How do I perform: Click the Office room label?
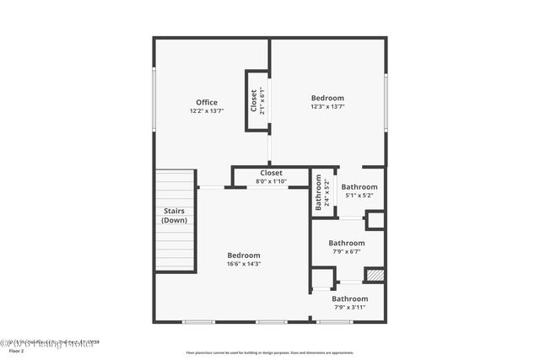(207, 103)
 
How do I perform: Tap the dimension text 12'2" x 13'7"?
(207, 111)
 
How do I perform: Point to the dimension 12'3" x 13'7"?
(327, 107)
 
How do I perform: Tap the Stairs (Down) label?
(175, 216)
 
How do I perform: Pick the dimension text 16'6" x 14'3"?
(244, 264)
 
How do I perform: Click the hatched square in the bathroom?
(375, 275)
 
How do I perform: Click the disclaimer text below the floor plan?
(269, 352)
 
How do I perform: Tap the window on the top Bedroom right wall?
(386, 99)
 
